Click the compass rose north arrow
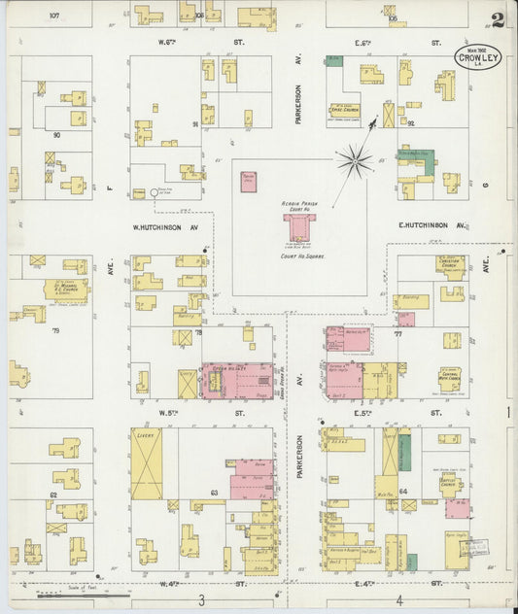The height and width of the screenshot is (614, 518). (x=356, y=159)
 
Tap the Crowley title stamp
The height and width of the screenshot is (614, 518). (x=480, y=57)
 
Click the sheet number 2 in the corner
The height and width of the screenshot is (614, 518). (x=498, y=19)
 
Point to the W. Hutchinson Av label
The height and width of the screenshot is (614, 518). (x=165, y=229)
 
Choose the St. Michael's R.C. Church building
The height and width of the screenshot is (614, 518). (x=66, y=289)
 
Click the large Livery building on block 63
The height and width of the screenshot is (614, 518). (x=147, y=464)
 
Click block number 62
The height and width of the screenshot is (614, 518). (x=53, y=495)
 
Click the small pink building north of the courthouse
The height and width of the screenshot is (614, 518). (x=250, y=181)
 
